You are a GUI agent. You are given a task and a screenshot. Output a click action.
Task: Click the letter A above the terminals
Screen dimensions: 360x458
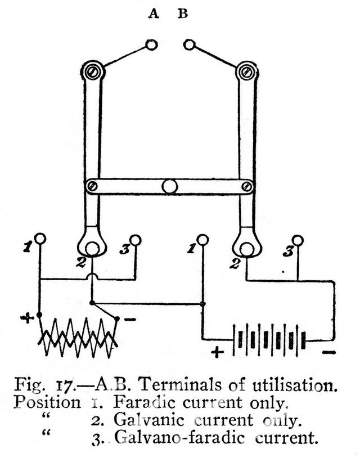154,14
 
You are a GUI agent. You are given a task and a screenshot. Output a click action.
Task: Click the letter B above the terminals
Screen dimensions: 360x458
183,14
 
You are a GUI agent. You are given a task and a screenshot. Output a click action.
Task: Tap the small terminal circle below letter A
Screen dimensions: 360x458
151,45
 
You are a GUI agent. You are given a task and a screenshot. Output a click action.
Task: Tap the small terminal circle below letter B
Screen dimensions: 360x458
189,44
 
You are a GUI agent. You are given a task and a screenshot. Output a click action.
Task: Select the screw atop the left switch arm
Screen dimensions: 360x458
93,72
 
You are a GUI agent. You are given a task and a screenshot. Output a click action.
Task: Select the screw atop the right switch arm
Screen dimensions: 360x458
246,72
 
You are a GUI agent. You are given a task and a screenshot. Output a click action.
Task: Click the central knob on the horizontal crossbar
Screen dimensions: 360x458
170,186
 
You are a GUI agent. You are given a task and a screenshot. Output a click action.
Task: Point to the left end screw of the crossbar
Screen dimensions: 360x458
93,186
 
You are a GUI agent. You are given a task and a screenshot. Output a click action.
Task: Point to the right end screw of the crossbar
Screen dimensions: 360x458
247,186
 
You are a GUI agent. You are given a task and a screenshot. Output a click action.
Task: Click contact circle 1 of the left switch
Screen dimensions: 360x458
40,239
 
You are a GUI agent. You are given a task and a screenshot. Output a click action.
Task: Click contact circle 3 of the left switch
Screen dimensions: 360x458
135,240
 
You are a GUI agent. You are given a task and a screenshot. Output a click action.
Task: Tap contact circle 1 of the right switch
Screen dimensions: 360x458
202,240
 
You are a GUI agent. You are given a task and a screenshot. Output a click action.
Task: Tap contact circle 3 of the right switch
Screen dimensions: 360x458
298,241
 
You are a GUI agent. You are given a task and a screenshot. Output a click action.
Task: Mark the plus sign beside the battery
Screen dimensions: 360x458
217,352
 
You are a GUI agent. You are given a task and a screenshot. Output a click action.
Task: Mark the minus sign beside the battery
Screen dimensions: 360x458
328,353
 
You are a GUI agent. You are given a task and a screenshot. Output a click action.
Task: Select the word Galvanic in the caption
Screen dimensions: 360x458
149,420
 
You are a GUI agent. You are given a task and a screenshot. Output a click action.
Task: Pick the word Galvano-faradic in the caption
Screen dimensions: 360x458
179,438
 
